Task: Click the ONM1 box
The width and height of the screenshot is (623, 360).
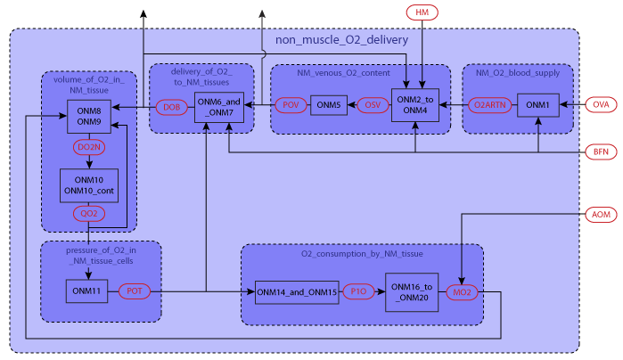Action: (x=538, y=105)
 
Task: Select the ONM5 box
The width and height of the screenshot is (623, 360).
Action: (x=329, y=106)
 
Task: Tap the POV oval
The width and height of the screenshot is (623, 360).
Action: (x=291, y=105)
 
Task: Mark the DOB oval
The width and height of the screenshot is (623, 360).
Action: (x=171, y=107)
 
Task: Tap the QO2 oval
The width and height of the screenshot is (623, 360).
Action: (x=89, y=214)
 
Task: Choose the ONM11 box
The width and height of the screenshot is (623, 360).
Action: (x=88, y=290)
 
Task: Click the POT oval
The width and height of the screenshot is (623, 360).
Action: (x=134, y=290)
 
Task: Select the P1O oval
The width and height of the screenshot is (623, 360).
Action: (x=358, y=291)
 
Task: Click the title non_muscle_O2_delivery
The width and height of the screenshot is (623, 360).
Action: (x=341, y=40)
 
